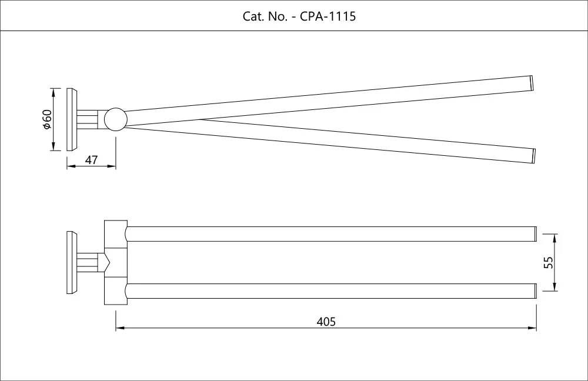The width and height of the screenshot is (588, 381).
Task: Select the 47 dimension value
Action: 91,160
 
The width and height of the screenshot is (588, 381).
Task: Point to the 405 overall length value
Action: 326,321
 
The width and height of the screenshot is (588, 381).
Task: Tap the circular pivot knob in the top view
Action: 115,119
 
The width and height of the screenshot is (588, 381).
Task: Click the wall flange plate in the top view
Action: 72,119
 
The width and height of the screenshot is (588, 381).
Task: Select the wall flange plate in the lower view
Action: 72,262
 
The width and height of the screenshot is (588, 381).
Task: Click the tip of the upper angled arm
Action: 533,83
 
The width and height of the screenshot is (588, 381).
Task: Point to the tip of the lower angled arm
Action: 534,155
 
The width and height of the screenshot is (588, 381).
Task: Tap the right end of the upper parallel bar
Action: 535,233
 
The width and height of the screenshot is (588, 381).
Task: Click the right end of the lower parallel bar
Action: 535,291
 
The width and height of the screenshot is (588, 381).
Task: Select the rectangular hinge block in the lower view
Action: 115,262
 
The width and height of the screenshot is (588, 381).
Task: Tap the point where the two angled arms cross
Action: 200,119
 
